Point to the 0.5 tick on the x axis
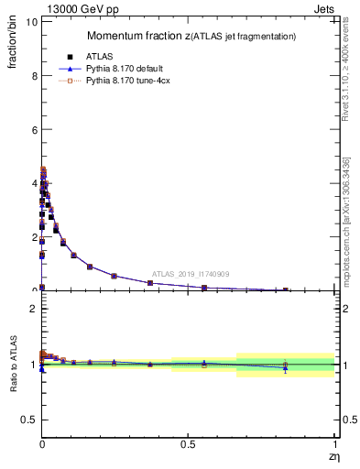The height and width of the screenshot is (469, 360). click(188, 443)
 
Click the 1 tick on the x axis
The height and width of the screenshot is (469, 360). click(334, 443)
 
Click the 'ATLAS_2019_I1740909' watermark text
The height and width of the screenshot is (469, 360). click(191, 274)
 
